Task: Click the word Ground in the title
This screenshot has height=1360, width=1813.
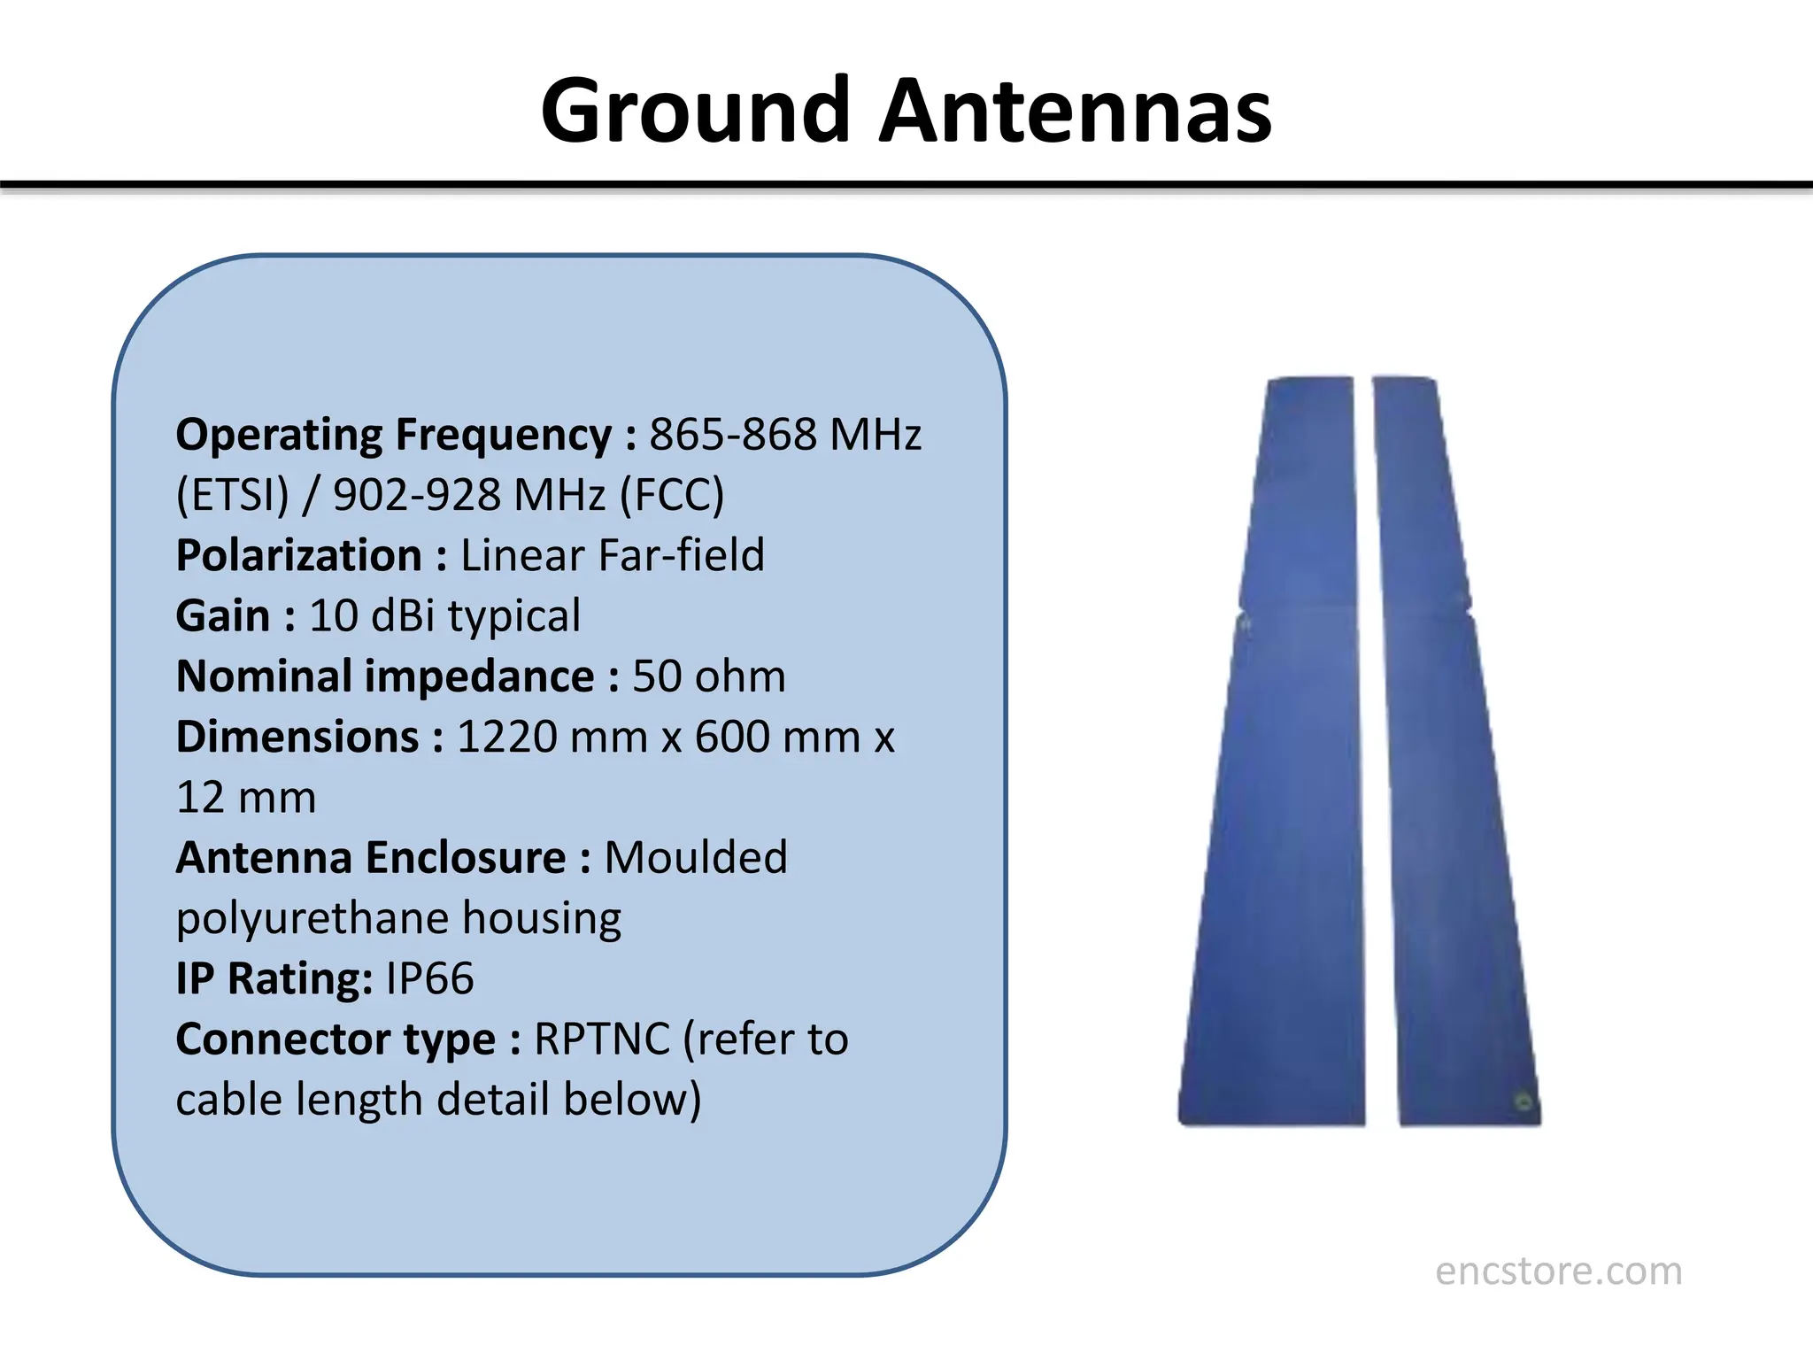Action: tap(696, 112)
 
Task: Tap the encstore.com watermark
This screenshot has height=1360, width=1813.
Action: tap(1558, 1271)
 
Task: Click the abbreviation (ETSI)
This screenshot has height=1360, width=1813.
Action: tap(233, 495)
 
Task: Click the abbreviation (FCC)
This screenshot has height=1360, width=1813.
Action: tap(672, 495)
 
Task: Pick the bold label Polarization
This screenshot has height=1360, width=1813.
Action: tap(299, 556)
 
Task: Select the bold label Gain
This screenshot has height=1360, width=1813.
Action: tap(222, 616)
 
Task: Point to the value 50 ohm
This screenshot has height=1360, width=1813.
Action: tap(708, 676)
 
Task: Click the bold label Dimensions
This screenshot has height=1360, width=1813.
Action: tap(297, 737)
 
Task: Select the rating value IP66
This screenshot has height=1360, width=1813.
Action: tap(430, 978)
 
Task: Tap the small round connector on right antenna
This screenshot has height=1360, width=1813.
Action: tap(1524, 1101)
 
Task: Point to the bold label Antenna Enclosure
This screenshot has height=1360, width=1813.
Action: tap(371, 858)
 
